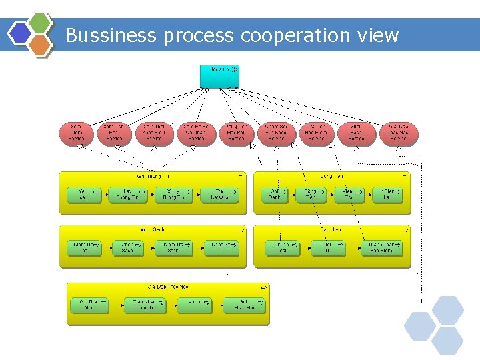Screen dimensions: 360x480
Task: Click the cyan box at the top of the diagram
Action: click(219, 75)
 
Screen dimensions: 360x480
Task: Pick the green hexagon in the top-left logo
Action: click(41, 23)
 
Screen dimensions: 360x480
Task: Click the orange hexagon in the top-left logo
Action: click(41, 45)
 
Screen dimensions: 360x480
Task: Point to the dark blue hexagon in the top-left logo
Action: click(20, 33)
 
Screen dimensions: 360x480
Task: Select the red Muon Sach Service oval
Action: click(357, 132)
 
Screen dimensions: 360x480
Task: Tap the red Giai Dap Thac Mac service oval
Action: click(402, 132)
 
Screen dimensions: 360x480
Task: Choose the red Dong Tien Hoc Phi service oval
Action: click(237, 132)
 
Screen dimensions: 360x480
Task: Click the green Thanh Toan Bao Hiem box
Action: click(381, 248)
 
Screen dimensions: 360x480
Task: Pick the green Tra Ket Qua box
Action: click(219, 195)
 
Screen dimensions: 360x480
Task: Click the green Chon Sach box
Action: click(127, 248)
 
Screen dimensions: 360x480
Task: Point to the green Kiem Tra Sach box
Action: click(174, 248)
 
